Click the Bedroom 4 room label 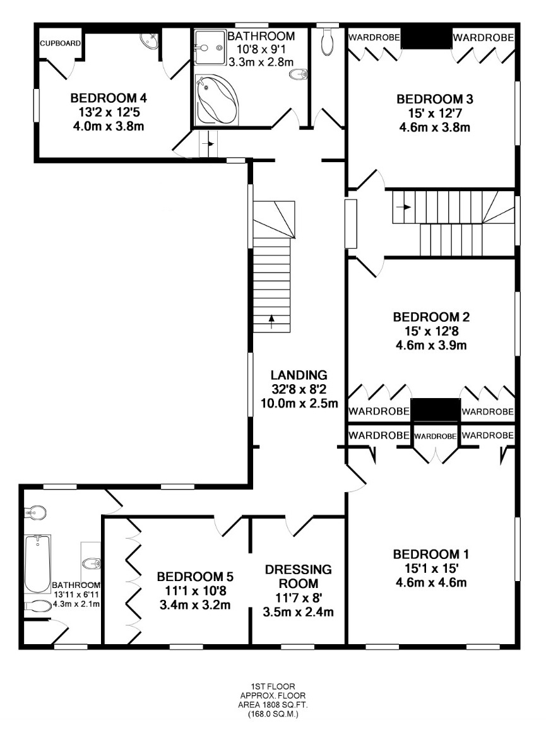point(109,98)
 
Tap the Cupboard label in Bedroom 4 point(60,44)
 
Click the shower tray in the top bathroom point(210,48)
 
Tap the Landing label point(299,375)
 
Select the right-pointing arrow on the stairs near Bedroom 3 point(405,207)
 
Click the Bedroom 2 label point(431,317)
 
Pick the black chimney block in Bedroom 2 point(436,409)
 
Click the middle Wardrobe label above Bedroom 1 point(436,437)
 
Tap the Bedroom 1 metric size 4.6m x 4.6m point(431,583)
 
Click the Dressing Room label point(299,577)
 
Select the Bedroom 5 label point(195,576)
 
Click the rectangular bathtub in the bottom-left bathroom point(37,564)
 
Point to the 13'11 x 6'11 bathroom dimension point(76,594)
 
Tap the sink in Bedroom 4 point(151,41)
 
